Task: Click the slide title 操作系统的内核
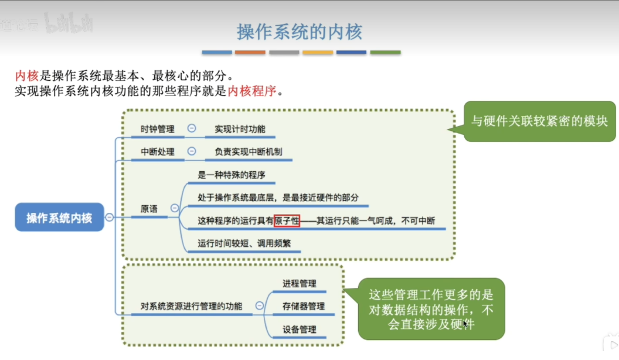point(300,32)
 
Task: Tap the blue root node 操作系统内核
point(59,218)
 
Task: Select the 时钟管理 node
point(157,128)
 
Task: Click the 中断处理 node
point(157,151)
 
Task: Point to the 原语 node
point(149,208)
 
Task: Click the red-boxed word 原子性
point(287,220)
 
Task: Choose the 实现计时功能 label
point(240,128)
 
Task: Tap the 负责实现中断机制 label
point(248,151)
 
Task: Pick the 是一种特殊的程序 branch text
point(232,174)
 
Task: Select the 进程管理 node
point(299,283)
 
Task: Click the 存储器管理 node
point(303,306)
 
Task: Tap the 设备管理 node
point(299,329)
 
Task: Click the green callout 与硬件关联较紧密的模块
point(539,121)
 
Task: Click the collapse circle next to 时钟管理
point(191,128)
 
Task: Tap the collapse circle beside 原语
point(174,208)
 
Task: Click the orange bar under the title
point(250,52)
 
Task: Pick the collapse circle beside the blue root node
point(109,217)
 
